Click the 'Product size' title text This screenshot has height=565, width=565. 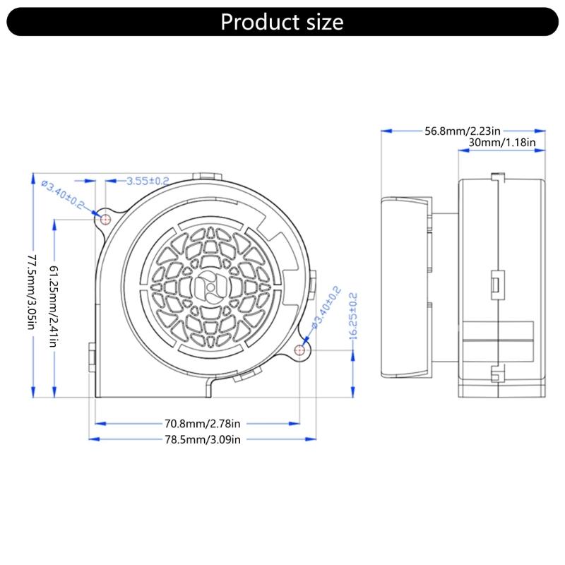(x=282, y=22)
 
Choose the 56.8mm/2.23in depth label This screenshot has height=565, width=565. (x=463, y=131)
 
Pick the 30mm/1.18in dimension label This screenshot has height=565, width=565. (x=502, y=143)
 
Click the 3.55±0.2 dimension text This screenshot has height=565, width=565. (x=148, y=181)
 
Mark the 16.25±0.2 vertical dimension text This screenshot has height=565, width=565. (x=353, y=316)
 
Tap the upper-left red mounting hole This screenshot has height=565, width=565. (x=105, y=219)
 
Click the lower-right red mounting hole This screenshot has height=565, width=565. (x=302, y=349)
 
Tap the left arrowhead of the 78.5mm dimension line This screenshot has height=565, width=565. (x=93, y=439)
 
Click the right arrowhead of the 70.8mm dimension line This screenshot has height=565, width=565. (x=297, y=424)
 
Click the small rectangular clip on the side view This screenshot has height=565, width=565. (x=495, y=284)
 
